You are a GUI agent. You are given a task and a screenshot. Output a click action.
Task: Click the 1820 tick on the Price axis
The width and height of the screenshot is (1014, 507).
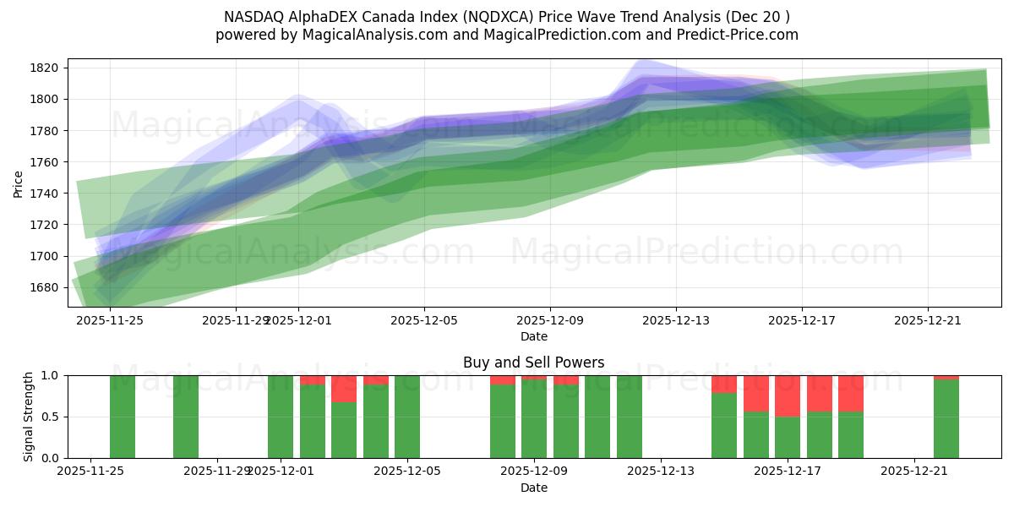pos(44,68)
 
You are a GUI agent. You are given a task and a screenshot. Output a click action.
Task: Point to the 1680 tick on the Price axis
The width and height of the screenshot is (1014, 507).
pos(44,287)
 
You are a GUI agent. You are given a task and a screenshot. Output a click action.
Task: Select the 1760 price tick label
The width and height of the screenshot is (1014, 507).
pos(44,162)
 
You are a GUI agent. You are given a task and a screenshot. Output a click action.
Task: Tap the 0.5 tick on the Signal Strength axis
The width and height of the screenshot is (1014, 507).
pos(50,417)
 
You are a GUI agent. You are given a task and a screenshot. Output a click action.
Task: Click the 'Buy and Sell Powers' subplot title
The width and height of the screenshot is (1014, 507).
pos(533,363)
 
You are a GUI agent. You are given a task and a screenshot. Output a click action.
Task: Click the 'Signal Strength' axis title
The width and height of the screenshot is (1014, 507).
pos(28,417)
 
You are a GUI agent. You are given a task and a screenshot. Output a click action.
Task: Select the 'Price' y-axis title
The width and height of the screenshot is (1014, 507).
pos(19,183)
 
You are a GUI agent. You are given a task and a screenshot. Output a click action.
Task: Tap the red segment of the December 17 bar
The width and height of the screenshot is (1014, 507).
pos(788,395)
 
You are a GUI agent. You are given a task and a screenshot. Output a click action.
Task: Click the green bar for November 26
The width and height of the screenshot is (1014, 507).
pos(123,417)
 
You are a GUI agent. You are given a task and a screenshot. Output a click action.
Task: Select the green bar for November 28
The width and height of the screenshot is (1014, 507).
pos(186,417)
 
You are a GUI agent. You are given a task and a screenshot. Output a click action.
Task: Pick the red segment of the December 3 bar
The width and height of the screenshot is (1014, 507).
pos(344,389)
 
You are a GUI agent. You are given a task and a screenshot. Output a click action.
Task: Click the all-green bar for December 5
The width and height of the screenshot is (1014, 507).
pos(407,417)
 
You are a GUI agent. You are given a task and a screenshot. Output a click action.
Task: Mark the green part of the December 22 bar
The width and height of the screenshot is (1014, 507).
pos(946,419)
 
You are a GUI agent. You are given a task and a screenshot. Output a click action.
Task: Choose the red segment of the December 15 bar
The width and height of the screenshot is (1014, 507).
pos(724,384)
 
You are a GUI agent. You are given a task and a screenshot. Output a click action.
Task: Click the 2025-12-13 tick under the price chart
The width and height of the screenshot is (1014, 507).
pos(676,320)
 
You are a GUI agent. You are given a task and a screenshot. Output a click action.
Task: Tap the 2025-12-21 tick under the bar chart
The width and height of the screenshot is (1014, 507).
pos(915,471)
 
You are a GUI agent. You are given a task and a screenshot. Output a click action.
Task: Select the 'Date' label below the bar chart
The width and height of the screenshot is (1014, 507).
pos(533,488)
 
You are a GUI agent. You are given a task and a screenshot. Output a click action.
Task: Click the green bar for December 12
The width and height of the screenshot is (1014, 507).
pos(630,417)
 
